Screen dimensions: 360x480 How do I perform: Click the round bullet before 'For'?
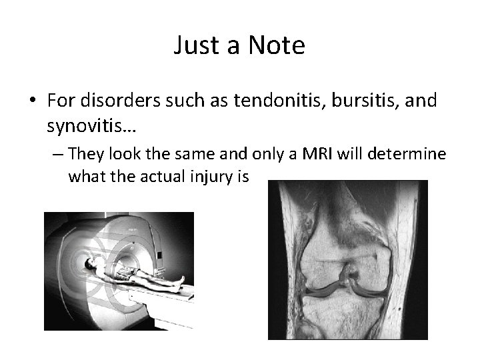pos(31,101)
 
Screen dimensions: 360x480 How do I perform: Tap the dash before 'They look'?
pos(58,154)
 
